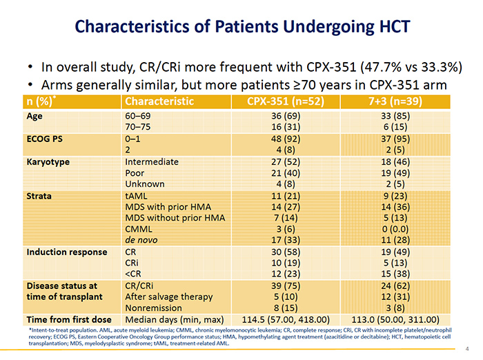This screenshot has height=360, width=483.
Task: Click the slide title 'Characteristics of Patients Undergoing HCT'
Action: click(x=241, y=27)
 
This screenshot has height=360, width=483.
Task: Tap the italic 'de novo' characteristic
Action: click(x=143, y=240)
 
